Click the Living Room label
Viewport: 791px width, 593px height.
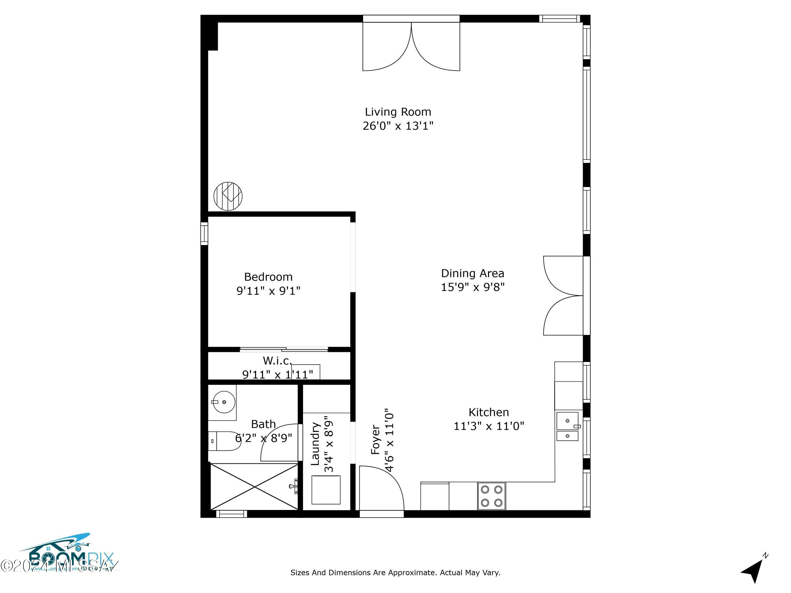(x=398, y=112)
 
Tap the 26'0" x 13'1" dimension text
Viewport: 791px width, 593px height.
(x=398, y=126)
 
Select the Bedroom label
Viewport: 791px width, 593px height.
(x=268, y=277)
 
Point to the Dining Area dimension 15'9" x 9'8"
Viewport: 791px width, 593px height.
(x=472, y=287)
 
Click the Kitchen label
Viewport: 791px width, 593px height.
(x=489, y=412)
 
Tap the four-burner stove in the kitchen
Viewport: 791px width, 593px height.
(x=491, y=496)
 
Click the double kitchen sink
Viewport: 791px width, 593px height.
(x=567, y=426)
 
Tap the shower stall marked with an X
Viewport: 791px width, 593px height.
(x=254, y=487)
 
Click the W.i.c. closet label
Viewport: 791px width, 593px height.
(x=277, y=361)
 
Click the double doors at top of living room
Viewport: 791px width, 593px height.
(x=411, y=46)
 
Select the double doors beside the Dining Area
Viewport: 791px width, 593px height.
(x=563, y=296)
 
